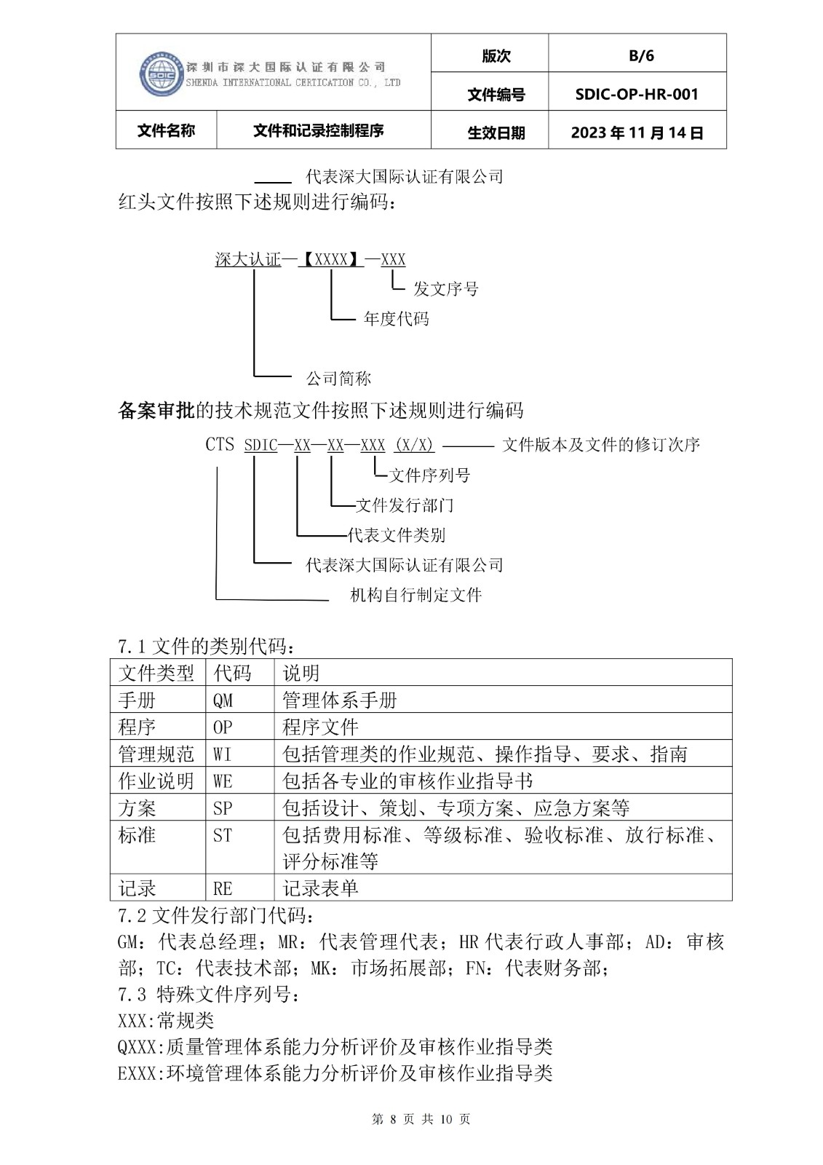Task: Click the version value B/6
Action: (x=641, y=56)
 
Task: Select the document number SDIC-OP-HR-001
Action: (x=637, y=94)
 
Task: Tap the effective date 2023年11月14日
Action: (x=637, y=133)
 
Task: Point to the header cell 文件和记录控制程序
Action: (x=319, y=131)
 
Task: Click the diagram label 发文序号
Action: (x=445, y=289)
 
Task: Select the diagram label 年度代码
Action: (x=396, y=319)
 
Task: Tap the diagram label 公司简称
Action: (x=338, y=379)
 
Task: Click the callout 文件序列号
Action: (x=429, y=475)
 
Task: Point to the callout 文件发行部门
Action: (x=405, y=505)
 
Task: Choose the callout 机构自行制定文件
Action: (x=416, y=596)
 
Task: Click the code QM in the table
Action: (x=223, y=700)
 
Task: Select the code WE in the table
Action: (x=223, y=781)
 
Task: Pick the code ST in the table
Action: (x=223, y=835)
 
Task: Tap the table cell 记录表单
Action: (x=321, y=888)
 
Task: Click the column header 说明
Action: (x=301, y=673)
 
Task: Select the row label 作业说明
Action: (x=156, y=781)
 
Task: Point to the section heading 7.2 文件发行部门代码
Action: (x=216, y=915)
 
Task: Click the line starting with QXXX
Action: (x=335, y=1047)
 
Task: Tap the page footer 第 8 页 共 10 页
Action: (x=421, y=1119)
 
